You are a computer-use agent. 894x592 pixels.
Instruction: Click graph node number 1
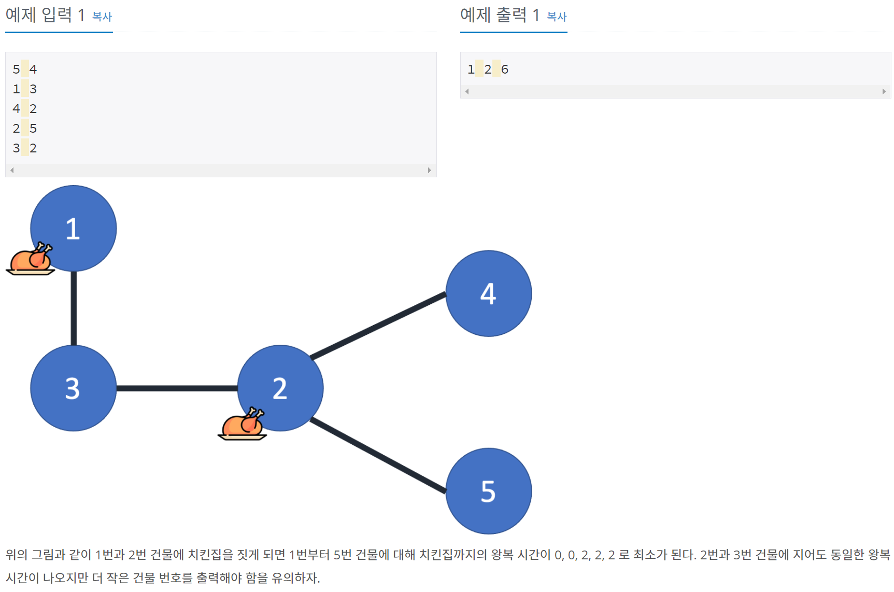(74, 228)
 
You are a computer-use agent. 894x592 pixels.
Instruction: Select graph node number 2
(280, 388)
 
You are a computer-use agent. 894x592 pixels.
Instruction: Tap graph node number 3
(73, 388)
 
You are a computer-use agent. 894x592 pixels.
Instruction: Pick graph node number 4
(488, 293)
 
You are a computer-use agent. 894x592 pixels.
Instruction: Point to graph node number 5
(488, 490)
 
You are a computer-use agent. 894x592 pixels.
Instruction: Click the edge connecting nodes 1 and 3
(74, 308)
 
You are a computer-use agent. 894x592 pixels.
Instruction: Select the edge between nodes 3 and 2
(177, 388)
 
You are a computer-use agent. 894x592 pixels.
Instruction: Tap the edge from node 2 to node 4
(378, 326)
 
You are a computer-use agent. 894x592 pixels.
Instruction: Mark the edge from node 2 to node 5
(378, 455)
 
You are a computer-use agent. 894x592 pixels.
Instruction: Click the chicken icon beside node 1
(31, 259)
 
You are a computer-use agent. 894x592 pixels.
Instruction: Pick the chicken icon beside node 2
(243, 424)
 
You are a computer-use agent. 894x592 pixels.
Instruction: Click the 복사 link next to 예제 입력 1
(102, 17)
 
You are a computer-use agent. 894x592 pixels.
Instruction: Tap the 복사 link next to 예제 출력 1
(557, 17)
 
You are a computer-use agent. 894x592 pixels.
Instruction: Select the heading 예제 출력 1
(500, 15)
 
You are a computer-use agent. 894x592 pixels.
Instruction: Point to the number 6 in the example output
(505, 69)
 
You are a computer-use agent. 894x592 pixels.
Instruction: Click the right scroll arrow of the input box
(429, 170)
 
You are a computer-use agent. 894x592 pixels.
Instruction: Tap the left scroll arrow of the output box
(467, 91)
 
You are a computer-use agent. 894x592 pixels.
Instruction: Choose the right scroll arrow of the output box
(884, 91)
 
